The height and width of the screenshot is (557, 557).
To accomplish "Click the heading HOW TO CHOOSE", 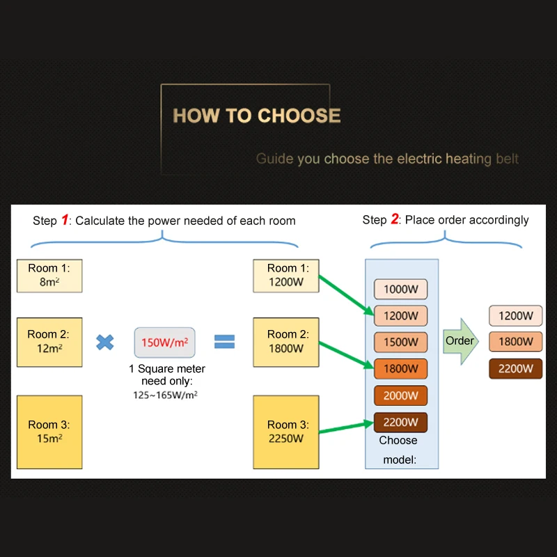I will coord(256,116).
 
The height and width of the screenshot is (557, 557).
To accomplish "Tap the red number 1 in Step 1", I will coord(65,221).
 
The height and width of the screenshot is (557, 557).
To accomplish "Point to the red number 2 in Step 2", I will coord(394,220).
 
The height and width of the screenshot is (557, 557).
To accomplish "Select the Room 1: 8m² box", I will coord(49,276).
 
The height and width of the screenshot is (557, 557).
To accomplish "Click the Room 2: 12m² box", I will coord(49,341).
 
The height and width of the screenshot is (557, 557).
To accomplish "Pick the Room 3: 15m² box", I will coord(49,432).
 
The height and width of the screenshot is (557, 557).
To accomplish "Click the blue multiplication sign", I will coord(105,342).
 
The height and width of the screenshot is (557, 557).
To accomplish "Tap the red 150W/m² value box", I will coord(164,343).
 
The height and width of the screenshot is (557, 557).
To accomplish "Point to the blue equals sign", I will coord(224,342).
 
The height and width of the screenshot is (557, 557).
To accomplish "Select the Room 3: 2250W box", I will coord(285,432).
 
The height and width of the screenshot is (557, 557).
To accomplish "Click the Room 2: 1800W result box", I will coord(285,341).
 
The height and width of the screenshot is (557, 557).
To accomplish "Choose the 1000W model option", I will coord(400,289).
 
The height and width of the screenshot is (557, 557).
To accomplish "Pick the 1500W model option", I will coord(400,342).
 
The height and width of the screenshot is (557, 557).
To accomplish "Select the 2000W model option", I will coord(400,395).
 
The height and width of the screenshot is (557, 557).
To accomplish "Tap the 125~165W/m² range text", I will coord(166,395).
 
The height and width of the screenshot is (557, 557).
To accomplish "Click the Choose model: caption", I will coord(398,450).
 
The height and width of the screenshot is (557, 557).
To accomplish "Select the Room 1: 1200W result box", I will coord(285,276).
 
